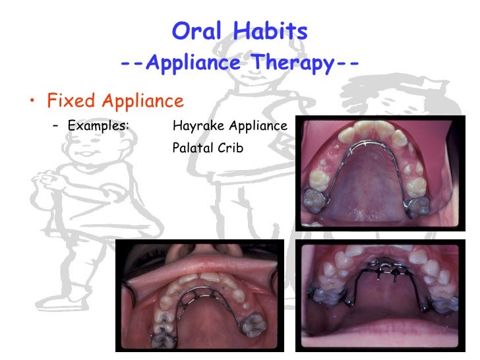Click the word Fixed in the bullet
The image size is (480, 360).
[x=69, y=102]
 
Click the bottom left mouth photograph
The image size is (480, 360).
[x=199, y=295]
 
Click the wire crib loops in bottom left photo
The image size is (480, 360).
[x=195, y=295]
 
